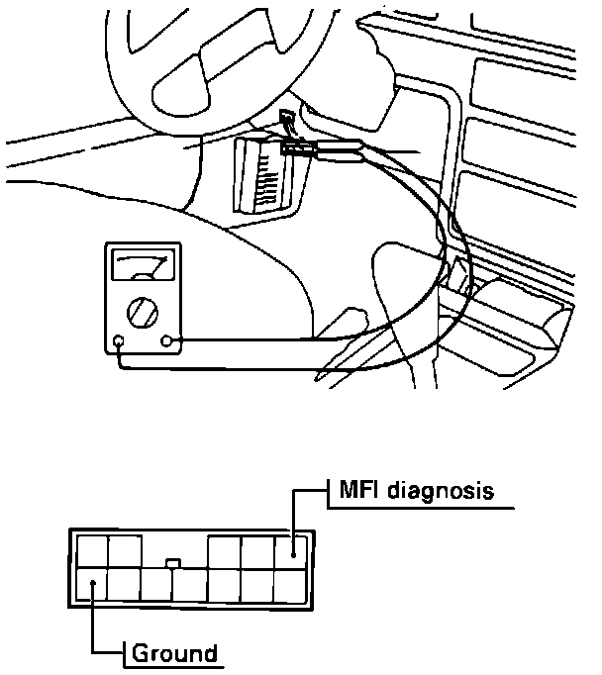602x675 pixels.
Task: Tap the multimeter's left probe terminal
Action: pyautogui.click(x=119, y=344)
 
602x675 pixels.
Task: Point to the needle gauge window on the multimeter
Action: pyautogui.click(x=144, y=268)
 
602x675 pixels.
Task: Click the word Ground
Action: pyautogui.click(x=174, y=653)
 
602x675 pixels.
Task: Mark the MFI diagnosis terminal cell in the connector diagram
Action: pyautogui.click(x=291, y=551)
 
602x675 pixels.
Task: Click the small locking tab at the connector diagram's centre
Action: pyautogui.click(x=173, y=564)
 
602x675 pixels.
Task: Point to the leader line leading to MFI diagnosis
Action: pyautogui.click(x=293, y=510)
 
